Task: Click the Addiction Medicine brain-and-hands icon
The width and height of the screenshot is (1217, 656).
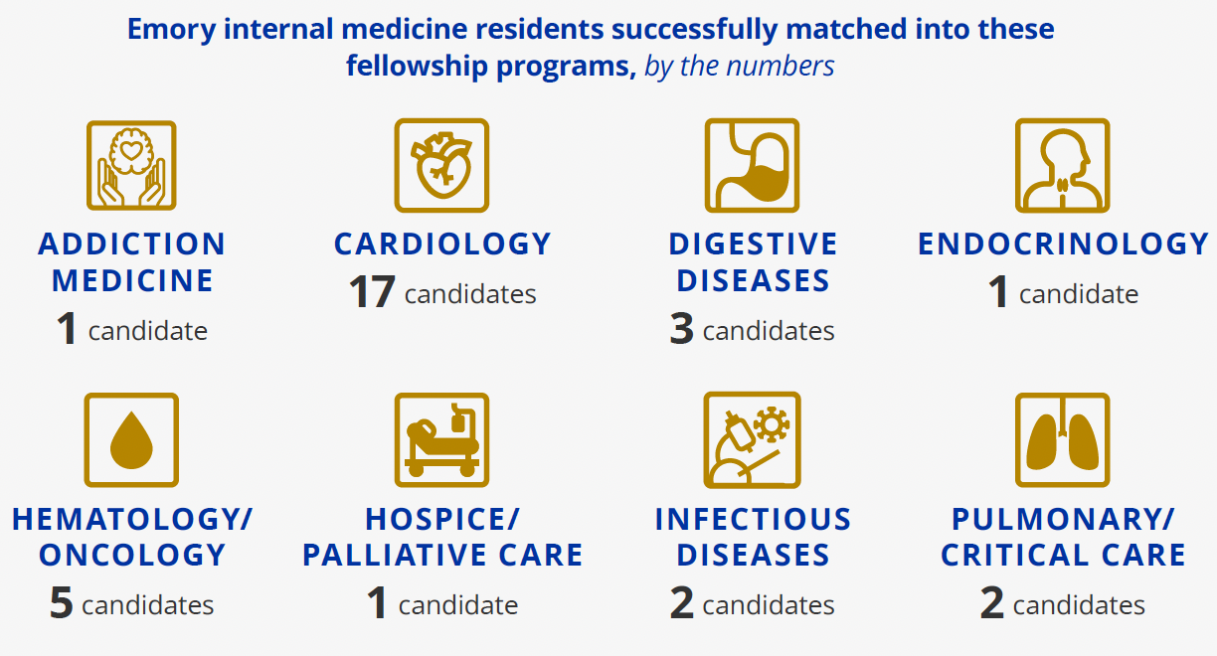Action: (x=131, y=165)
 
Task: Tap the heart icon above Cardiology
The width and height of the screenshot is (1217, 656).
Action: (x=441, y=165)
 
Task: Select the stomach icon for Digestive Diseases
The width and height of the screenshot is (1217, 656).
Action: (x=752, y=165)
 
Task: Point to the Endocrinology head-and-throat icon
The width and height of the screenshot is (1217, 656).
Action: (x=1062, y=165)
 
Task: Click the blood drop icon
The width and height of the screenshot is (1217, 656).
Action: (x=131, y=439)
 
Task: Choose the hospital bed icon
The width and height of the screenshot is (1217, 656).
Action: (x=441, y=439)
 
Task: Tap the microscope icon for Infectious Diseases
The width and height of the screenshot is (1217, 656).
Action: (x=752, y=439)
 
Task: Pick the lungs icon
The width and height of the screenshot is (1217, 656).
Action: (x=1062, y=439)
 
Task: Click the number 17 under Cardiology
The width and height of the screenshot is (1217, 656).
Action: (x=372, y=294)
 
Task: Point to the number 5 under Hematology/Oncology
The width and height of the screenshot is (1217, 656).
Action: (x=62, y=604)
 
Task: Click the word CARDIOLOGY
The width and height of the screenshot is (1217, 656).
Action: (x=442, y=245)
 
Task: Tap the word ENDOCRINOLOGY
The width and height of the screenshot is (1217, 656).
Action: (x=1063, y=245)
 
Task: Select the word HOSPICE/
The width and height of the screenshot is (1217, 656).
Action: (x=442, y=519)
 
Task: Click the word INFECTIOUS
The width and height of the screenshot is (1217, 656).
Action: (x=753, y=519)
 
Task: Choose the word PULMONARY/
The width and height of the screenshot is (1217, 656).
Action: (x=1063, y=519)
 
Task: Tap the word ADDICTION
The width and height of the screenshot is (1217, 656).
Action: (x=132, y=245)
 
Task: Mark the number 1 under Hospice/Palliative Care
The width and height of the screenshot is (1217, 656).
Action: (x=377, y=604)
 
